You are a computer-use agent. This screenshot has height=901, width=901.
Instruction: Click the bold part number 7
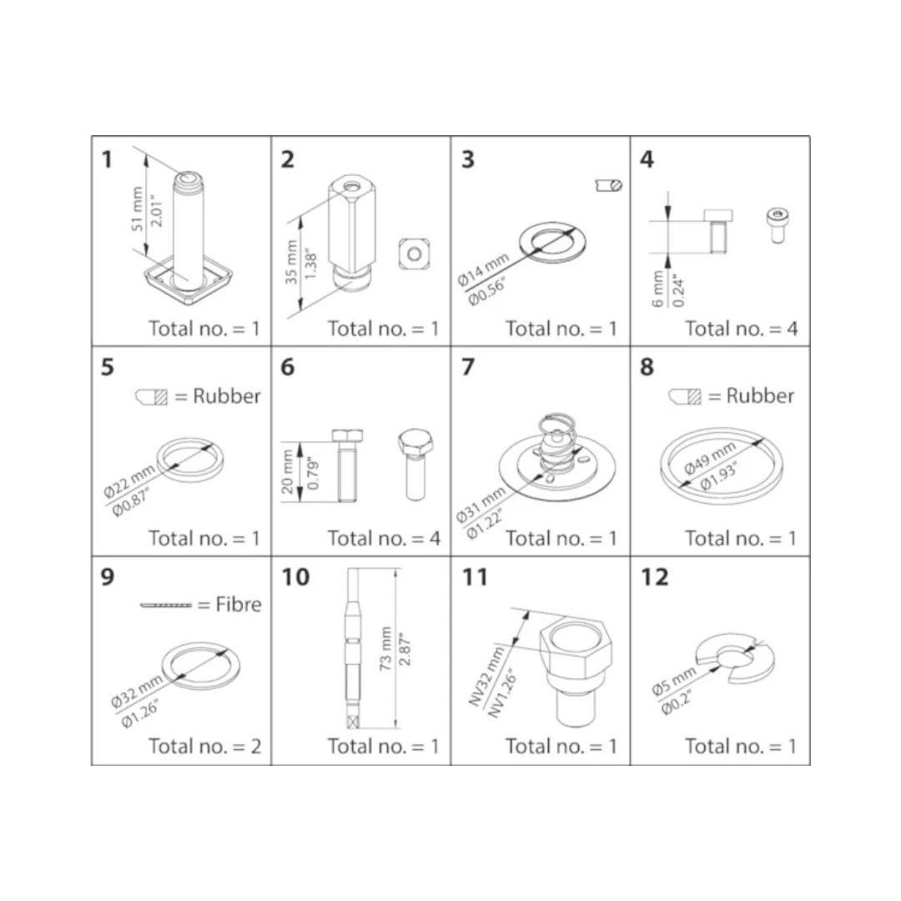point(468,366)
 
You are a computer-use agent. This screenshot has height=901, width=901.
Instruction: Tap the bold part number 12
point(655,577)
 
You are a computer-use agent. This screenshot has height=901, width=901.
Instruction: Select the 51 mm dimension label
point(137,209)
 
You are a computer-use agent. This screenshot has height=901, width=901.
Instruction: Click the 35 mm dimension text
point(291,262)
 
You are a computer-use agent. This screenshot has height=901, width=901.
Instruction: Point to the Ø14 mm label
point(483,269)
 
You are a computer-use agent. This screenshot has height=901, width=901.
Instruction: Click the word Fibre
point(239,605)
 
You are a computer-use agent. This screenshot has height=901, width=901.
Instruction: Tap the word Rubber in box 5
point(226,396)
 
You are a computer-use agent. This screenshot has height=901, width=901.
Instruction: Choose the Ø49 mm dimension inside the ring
point(709,458)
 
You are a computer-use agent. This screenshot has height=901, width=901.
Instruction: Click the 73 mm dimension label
point(385,648)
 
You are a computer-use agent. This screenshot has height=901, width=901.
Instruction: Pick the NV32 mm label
point(486,677)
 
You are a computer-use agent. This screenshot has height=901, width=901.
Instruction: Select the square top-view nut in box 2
point(415,254)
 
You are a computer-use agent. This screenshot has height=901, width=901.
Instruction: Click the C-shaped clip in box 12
point(734,659)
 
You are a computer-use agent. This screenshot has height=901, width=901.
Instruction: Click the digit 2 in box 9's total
point(256,747)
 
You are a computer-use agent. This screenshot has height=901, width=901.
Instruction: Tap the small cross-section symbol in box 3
point(608,185)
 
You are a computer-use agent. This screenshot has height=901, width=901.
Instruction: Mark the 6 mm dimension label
point(658,289)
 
